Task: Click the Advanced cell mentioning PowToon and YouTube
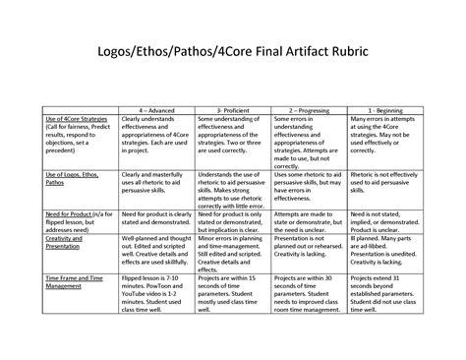pyautogui.click(x=156, y=295)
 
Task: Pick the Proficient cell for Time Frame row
pyautogui.click(x=232, y=295)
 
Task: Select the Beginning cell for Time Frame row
pyautogui.click(x=386, y=295)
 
